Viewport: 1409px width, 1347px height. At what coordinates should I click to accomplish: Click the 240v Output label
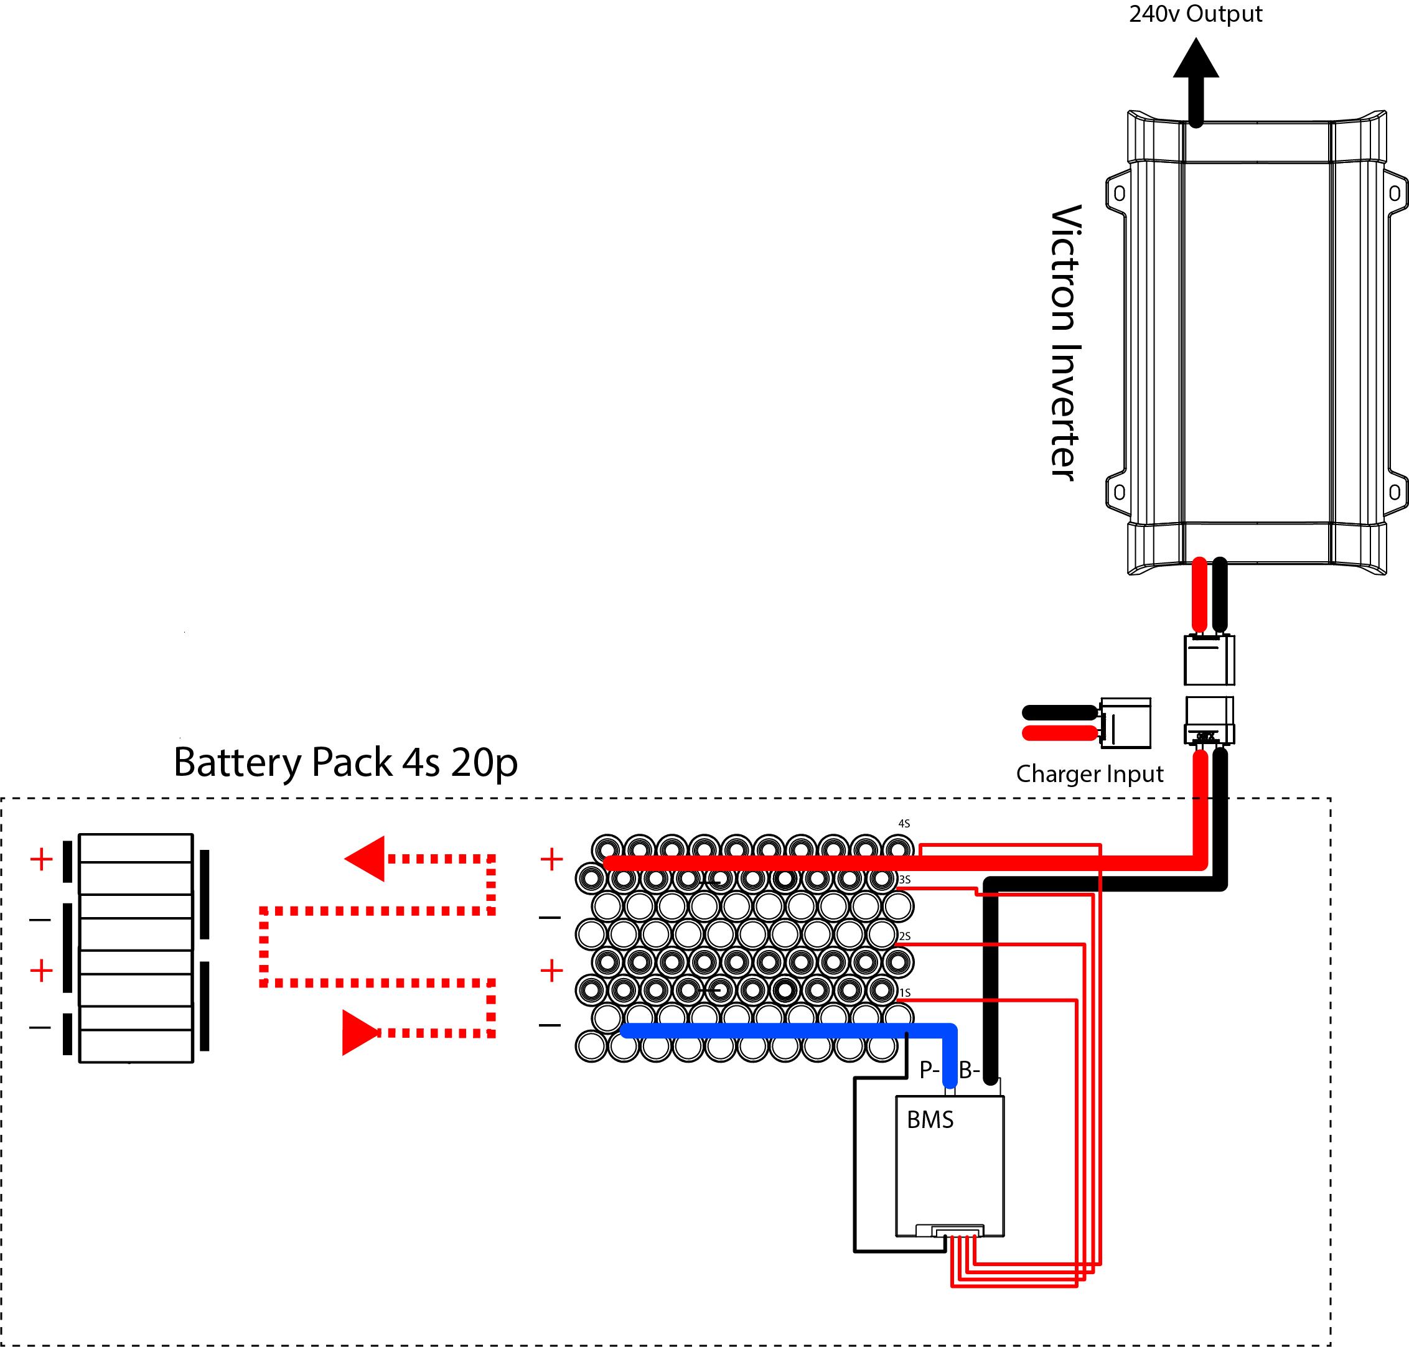[x=1195, y=14]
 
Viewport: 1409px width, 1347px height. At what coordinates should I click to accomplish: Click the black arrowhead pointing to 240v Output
[x=1196, y=60]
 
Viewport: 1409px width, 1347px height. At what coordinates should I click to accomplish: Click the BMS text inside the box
[x=930, y=1120]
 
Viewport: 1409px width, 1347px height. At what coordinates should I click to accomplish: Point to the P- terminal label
[x=929, y=1071]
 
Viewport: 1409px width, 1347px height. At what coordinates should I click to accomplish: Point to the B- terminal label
[x=970, y=1071]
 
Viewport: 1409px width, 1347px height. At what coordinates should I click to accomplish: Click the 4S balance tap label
[x=904, y=824]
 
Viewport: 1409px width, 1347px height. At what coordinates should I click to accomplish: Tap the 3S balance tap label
[x=904, y=880]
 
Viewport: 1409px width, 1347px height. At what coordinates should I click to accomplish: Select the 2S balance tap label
[x=904, y=936]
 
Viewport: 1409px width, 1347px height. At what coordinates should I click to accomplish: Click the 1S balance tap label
[x=904, y=993]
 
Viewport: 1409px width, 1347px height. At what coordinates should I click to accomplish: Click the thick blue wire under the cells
[x=775, y=1030]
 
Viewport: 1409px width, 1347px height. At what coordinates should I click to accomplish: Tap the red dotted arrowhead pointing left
[x=367, y=858]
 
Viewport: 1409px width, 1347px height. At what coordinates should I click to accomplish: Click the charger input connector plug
[x=1125, y=723]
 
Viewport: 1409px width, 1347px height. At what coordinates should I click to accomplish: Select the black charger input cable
[x=1059, y=712]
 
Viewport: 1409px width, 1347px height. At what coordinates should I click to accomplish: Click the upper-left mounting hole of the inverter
[x=1119, y=194]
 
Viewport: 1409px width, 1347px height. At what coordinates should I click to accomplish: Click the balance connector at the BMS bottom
[x=957, y=1231]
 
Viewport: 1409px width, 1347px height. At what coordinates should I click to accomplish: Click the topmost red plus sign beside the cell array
[x=551, y=859]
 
